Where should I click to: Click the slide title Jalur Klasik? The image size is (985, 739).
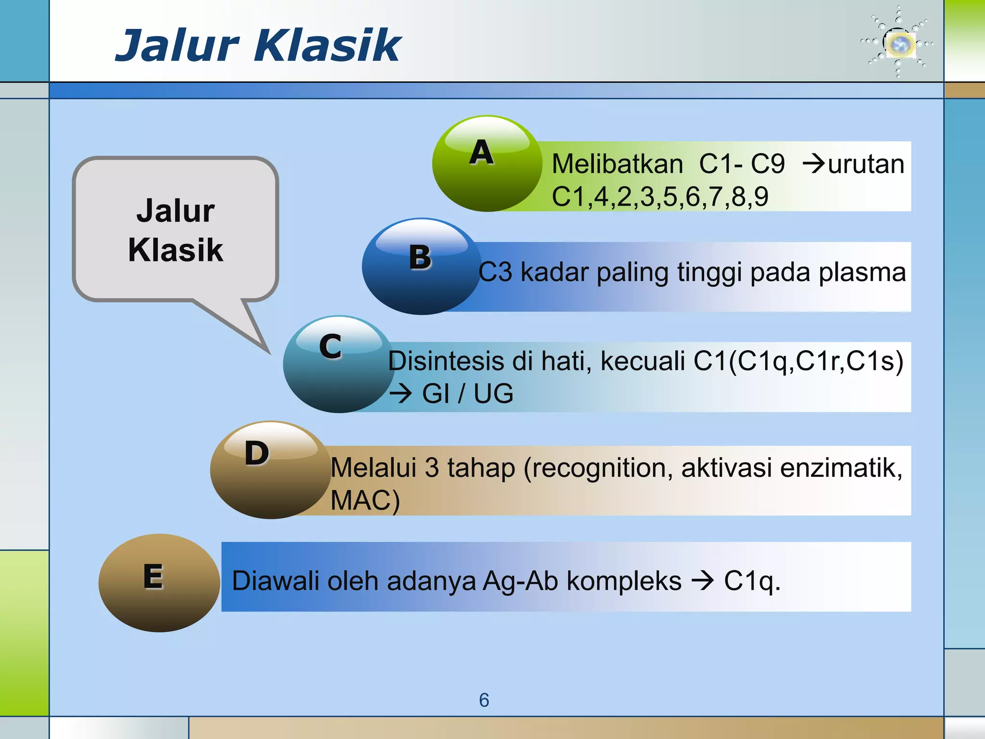[258, 46]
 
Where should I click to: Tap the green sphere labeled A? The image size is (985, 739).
[487, 164]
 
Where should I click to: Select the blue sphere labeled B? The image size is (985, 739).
[421, 267]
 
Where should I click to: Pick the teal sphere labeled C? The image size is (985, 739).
[339, 364]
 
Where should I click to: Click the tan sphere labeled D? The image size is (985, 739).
[270, 470]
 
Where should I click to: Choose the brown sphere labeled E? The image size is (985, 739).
[159, 583]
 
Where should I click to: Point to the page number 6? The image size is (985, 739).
[484, 700]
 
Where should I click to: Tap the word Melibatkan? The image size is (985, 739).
[617, 164]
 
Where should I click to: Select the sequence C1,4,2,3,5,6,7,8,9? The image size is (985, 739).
[660, 196]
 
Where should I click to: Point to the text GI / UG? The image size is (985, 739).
[467, 394]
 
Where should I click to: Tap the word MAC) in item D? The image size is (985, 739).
[365, 500]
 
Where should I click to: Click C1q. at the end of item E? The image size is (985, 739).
[752, 581]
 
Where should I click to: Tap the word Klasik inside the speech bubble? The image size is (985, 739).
[176, 250]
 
